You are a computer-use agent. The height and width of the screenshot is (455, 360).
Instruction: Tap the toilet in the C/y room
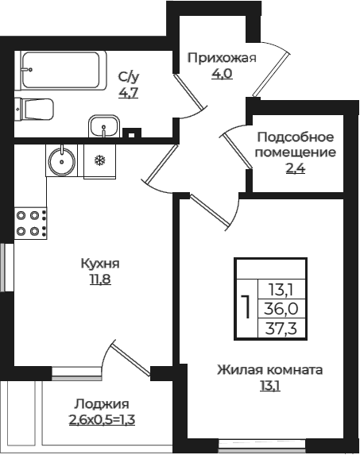[x=33, y=110]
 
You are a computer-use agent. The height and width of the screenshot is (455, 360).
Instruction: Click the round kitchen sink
[x=61, y=160]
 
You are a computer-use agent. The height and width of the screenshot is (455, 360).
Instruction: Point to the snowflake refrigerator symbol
[x=100, y=160]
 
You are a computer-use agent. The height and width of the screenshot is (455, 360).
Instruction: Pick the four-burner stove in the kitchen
[x=29, y=222]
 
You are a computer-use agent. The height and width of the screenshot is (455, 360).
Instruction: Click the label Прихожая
[x=222, y=58]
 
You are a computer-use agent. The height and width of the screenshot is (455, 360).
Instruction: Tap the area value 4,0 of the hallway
[x=221, y=74]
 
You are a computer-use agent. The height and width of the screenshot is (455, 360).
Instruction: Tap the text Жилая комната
[x=270, y=370]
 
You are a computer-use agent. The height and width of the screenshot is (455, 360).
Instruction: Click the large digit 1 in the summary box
[x=246, y=305]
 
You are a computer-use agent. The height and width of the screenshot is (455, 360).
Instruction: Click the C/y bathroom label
[x=128, y=77]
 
